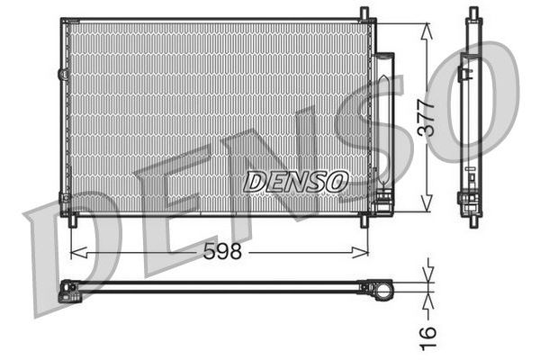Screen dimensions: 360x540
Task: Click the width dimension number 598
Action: pos(222,253)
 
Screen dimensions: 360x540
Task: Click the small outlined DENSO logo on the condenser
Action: pos(295,182)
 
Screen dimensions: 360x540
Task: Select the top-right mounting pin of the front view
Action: pos(364,13)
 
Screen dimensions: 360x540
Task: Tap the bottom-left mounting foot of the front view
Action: pos(73,220)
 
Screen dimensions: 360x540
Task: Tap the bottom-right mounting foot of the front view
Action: pos(364,220)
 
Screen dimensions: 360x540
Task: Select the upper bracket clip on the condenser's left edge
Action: pos(62,73)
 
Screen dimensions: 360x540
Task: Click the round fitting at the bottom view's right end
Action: pos(382,289)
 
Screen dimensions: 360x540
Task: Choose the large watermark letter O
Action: pos(486,99)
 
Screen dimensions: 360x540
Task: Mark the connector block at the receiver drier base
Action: pos(382,200)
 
